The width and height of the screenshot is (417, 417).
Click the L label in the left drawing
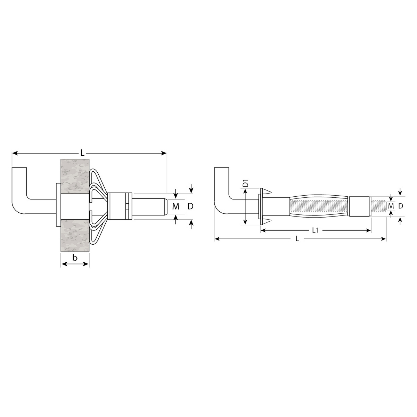point(82,153)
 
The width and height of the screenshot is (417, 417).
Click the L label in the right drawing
point(297,239)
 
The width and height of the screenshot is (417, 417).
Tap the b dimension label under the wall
point(75,258)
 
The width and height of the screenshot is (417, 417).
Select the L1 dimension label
point(316,230)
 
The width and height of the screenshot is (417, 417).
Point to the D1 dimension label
point(245,183)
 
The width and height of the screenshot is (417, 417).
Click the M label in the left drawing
point(176,207)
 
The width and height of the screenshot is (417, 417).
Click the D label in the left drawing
point(190,206)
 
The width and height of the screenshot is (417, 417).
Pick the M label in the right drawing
point(391,206)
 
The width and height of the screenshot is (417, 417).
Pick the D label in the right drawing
point(401,206)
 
